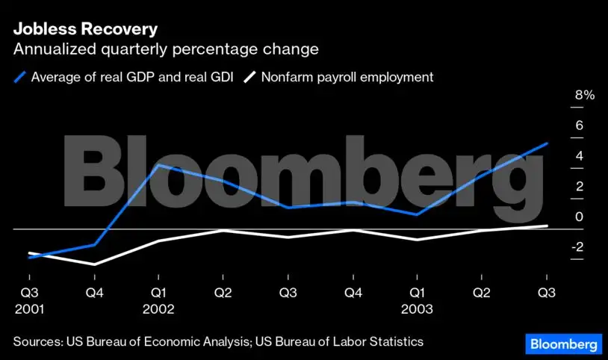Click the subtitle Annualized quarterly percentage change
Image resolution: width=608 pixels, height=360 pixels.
(x=165, y=50)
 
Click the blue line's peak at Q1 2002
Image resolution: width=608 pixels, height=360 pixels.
(x=158, y=165)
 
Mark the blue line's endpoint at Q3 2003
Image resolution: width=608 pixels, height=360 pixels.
(x=547, y=143)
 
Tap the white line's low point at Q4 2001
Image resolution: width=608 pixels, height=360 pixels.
(x=94, y=264)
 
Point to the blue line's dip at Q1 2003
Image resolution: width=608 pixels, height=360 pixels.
(x=417, y=214)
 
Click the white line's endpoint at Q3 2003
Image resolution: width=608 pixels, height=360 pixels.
(x=547, y=226)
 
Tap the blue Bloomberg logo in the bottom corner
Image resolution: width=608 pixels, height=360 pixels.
(x=564, y=344)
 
